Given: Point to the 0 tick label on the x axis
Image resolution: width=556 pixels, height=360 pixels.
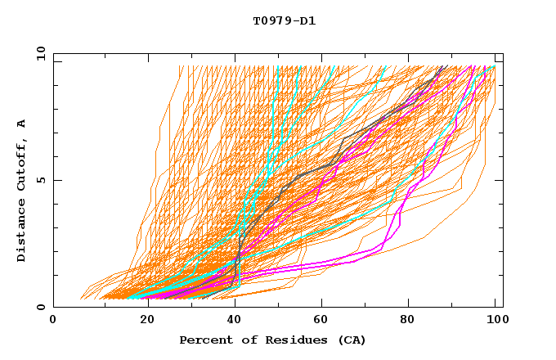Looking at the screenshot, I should pos(53,321).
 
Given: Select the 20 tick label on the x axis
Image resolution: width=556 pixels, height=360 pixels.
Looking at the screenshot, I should pos(143,321).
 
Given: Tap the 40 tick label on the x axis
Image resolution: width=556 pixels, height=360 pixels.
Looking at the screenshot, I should pos(232,321).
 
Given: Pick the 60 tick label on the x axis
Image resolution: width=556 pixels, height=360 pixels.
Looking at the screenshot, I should pos(321,321).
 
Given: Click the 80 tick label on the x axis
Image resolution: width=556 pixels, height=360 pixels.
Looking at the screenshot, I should pos(410,321).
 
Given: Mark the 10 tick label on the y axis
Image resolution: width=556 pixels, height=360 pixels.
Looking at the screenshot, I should pos(40,53).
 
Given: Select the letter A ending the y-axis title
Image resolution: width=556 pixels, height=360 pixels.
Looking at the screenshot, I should pos(21,124).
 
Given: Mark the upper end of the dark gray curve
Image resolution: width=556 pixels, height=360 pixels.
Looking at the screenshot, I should pos(443,66).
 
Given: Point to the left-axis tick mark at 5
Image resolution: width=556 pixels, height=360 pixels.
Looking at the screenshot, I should pos(56,180).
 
